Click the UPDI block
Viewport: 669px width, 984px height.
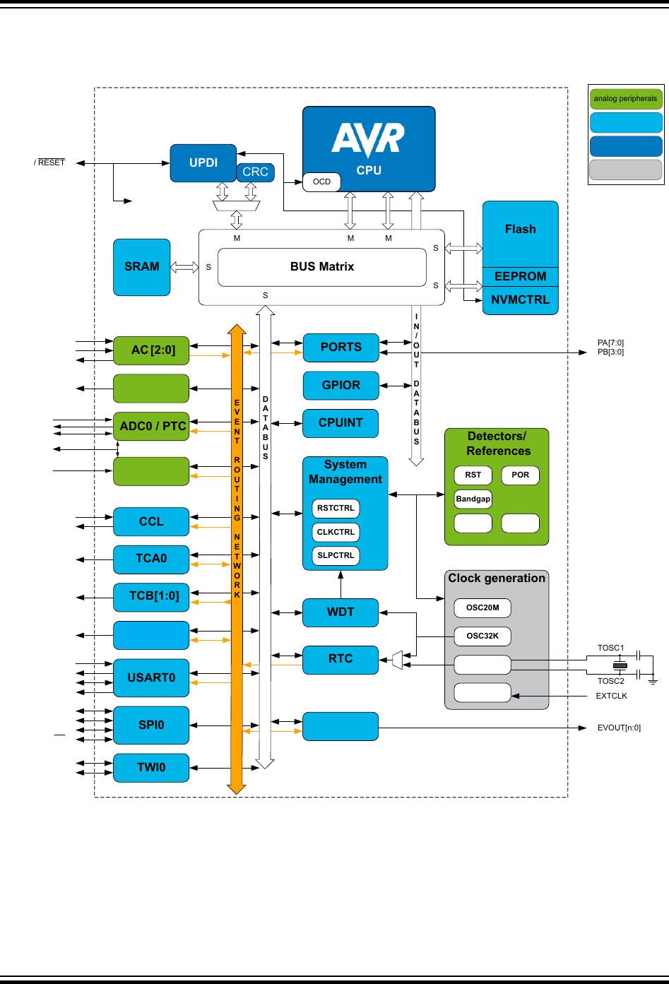pos(203,163)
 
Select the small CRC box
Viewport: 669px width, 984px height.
pos(255,172)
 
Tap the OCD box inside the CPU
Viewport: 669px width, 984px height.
pos(321,182)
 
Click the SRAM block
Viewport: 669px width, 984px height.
pos(142,267)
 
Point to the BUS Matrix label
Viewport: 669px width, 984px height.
pos(321,267)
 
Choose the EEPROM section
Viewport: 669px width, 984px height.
pos(520,277)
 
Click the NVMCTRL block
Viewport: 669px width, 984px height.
pos(520,300)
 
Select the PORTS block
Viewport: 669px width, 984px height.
pos(341,348)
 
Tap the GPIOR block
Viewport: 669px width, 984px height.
pos(341,386)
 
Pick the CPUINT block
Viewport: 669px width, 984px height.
pos(341,423)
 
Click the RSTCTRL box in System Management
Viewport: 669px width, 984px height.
pos(336,509)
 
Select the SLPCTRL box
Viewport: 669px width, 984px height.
pos(336,556)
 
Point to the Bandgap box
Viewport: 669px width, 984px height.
pos(473,499)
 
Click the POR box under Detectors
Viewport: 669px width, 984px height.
pos(520,475)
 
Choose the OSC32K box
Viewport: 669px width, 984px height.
pos(482,636)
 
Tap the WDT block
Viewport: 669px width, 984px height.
pos(341,612)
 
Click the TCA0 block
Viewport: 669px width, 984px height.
pos(151,559)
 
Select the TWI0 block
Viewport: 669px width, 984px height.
pos(151,768)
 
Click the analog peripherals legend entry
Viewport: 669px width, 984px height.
pos(625,99)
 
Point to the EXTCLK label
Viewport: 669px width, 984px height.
pos(611,696)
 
